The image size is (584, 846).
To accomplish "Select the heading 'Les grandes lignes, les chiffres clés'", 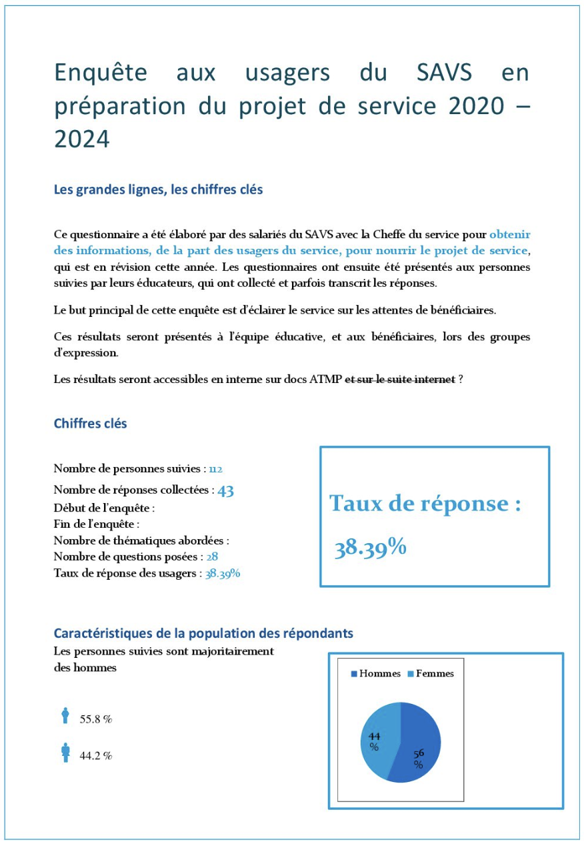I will [x=158, y=189].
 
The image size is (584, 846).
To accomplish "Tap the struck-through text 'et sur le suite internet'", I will [x=400, y=379].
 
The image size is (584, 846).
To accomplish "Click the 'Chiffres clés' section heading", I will [x=90, y=423].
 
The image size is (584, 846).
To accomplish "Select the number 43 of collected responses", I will [x=225, y=490].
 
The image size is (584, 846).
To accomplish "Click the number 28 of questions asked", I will [x=212, y=556].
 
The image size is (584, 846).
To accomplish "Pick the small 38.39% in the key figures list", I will [x=223, y=573].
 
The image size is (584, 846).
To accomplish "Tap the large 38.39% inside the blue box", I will [x=371, y=548].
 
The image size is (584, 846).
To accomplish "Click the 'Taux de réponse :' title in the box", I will [x=425, y=504].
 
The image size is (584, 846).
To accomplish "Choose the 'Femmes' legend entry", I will [x=435, y=674].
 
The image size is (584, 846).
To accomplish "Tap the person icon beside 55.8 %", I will [x=65, y=716].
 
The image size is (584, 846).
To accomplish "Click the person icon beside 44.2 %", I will [x=65, y=753].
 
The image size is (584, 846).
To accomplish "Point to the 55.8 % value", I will [x=96, y=720].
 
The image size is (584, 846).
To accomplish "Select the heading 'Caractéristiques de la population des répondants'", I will [x=203, y=632].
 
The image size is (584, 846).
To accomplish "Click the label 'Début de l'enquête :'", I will [x=104, y=508].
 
